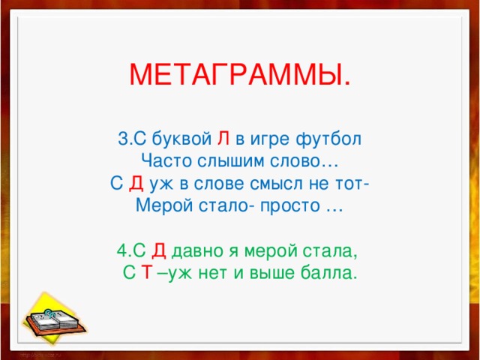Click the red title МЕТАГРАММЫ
pos(239,75)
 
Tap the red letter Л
pos(223,139)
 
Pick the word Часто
pos(166,160)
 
